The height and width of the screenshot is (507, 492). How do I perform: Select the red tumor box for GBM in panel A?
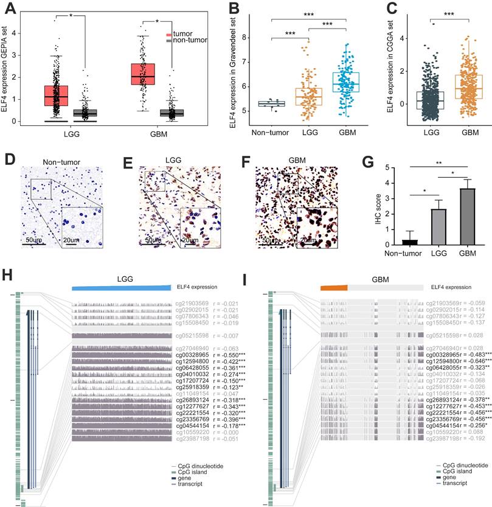pos(142,74)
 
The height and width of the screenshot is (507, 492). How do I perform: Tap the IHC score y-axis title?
pos(367,208)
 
